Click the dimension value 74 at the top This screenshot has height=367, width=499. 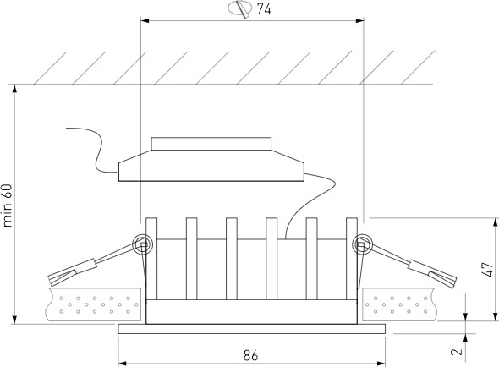(x=264, y=9)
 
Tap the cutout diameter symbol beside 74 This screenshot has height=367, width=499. (x=240, y=8)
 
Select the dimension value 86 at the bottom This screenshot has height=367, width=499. (x=251, y=355)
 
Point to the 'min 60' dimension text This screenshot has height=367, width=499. (x=8, y=205)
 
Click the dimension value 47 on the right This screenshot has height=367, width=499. (x=487, y=269)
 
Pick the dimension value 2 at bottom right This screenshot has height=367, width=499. (x=457, y=352)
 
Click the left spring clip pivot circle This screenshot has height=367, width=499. (x=142, y=244)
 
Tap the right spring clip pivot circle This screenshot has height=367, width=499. (x=362, y=244)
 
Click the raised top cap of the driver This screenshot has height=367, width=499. (x=211, y=144)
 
